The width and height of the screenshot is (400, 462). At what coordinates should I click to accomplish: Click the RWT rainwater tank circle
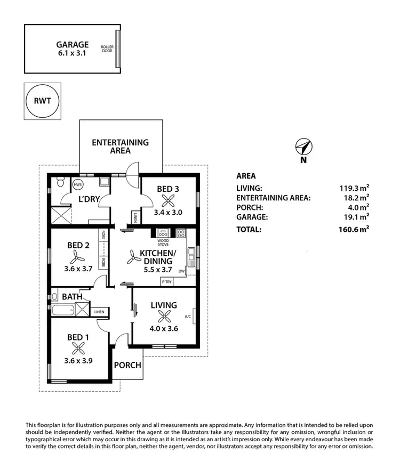tap(43, 101)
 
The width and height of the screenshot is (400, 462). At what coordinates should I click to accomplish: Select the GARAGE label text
tap(73, 45)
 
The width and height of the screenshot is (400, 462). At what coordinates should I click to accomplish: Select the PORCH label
tap(127, 365)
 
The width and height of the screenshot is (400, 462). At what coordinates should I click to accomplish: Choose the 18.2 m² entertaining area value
tap(355, 198)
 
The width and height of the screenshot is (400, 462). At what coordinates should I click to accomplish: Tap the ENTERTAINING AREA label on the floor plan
tap(120, 147)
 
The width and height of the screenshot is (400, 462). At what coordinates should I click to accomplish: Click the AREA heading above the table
tap(246, 176)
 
